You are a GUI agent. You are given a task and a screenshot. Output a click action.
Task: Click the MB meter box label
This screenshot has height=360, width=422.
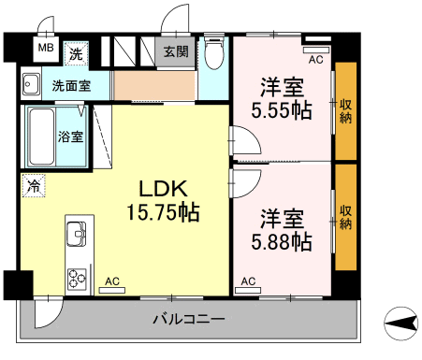tap(46, 48)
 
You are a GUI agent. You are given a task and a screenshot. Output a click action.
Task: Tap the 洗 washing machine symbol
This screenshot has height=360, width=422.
tap(76, 54)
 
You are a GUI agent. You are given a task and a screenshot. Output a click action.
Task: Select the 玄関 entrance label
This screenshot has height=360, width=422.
tap(176, 51)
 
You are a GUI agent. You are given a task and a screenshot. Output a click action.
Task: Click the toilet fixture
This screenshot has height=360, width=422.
tap(214, 52)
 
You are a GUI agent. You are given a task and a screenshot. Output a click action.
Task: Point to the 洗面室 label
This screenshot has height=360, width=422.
tap(71, 86)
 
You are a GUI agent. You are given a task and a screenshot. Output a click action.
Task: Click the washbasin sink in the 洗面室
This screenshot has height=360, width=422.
tap(31, 84)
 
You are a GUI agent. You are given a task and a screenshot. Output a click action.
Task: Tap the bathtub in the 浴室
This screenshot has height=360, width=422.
tap(41, 137)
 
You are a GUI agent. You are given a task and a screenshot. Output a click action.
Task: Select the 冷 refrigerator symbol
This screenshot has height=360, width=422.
tap(34, 186)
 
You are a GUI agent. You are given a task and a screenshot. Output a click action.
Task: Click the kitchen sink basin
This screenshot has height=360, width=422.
tap(76, 234)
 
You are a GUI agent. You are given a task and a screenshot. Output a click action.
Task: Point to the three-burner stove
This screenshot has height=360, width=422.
tap(77, 279)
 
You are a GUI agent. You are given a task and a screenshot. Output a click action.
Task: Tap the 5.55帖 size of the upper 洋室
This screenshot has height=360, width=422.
tap(282, 110)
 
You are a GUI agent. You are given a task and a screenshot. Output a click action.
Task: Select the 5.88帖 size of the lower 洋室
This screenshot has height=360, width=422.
tap(282, 242)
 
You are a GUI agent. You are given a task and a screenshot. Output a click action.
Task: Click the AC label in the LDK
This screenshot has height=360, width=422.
tap(112, 281)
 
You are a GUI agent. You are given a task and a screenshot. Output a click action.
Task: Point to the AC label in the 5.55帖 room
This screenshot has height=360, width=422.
tap(316, 60)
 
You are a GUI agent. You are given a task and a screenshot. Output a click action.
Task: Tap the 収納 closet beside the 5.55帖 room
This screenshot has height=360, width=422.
tap(346, 111)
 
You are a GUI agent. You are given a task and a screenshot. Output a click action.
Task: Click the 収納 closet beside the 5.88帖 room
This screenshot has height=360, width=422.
tap(346, 217)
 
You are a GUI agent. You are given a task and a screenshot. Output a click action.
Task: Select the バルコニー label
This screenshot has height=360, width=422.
tap(188, 319)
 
